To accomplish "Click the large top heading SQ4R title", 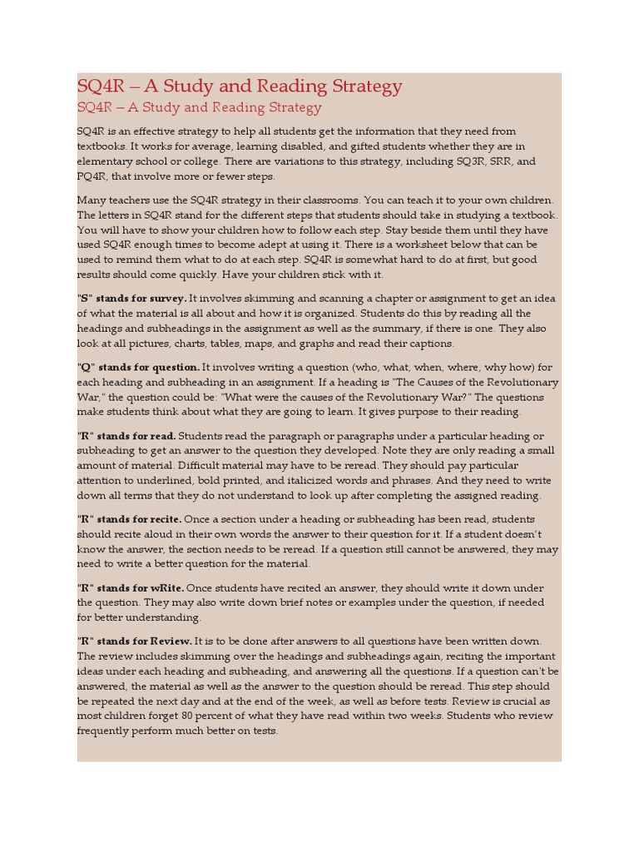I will tap(240, 86).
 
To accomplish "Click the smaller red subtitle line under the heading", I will tap(199, 107).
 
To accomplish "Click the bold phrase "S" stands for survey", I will tap(131, 299).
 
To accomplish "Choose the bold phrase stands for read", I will tap(136, 436).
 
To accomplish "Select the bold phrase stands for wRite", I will tap(141, 587).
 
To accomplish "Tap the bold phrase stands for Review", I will tap(145, 641).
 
